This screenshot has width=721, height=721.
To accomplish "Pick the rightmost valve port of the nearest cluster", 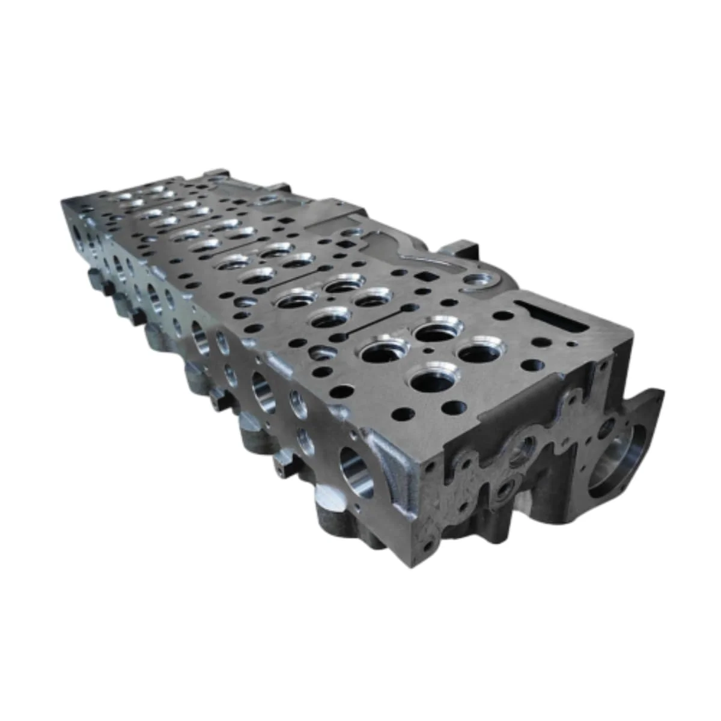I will (x=481, y=353).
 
